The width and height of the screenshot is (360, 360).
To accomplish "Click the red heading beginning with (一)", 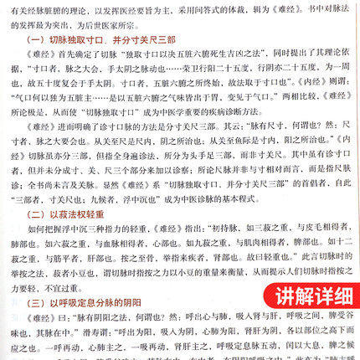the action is (x=105, y=40).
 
